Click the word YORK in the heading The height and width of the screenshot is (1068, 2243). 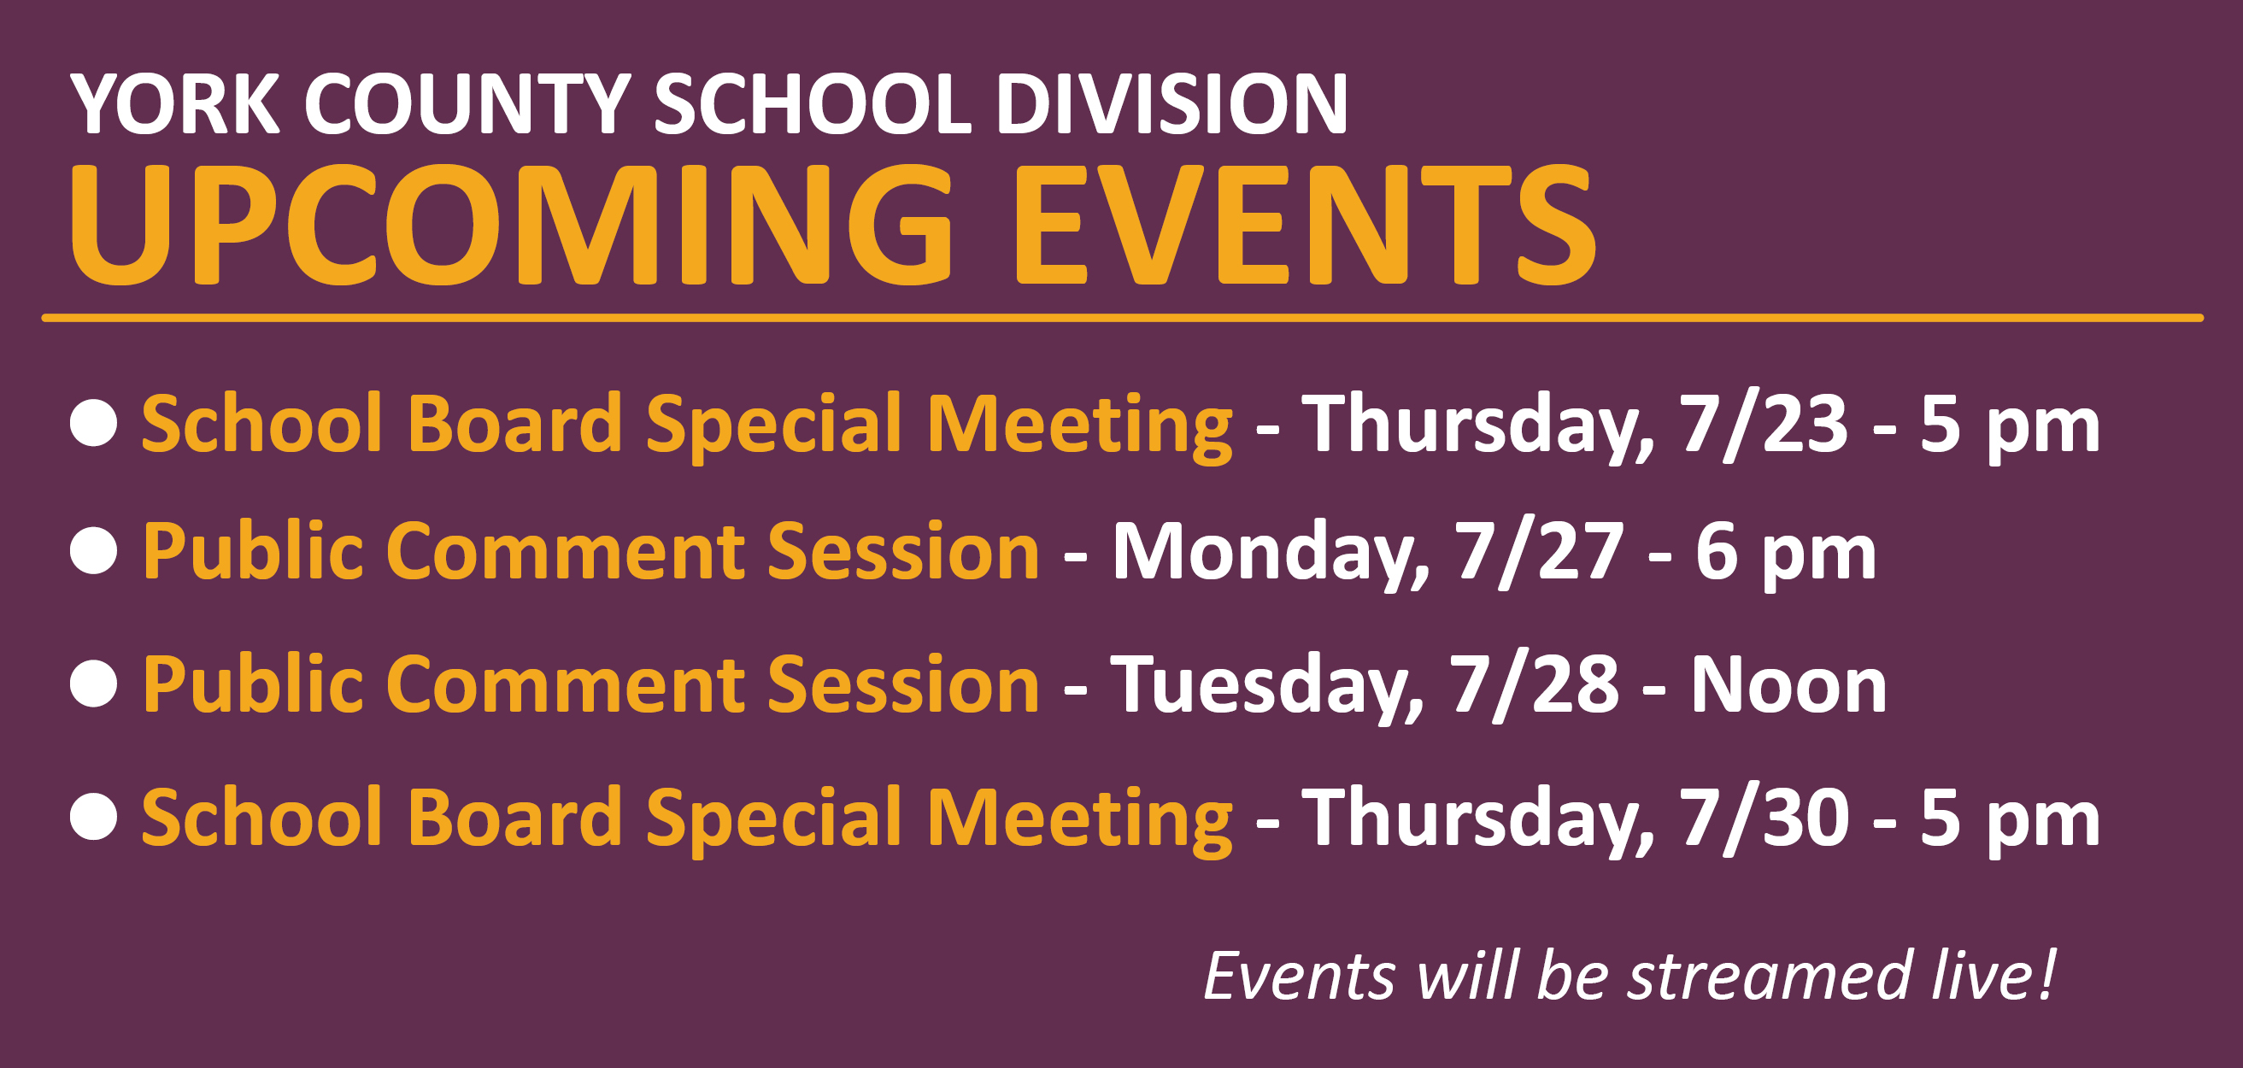click(x=174, y=103)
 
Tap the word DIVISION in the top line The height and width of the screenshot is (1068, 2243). click(x=1171, y=103)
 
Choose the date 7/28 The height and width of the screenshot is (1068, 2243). click(x=1533, y=685)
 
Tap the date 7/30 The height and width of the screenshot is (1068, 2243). click(x=1764, y=818)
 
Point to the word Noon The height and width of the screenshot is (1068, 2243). click(x=1788, y=686)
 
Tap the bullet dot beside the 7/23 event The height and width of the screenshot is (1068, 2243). click(x=94, y=423)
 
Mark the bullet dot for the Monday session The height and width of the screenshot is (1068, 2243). click(x=94, y=551)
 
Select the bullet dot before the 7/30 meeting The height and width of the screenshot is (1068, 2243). click(x=94, y=817)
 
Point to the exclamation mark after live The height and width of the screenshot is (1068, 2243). click(x=2047, y=973)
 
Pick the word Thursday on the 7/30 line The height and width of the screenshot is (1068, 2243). click(x=1477, y=819)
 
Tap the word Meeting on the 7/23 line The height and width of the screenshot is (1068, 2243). click(x=1080, y=425)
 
